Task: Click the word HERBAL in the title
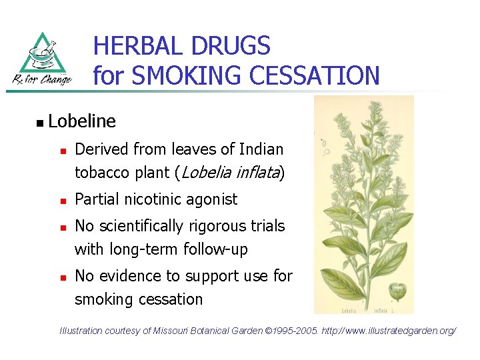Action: [x=138, y=47]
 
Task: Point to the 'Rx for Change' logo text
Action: [x=42, y=80]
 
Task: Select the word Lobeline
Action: [x=82, y=121]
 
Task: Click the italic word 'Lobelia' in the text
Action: [x=205, y=173]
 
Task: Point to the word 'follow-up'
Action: [x=217, y=249]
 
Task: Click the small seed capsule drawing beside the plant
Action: [x=398, y=291]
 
